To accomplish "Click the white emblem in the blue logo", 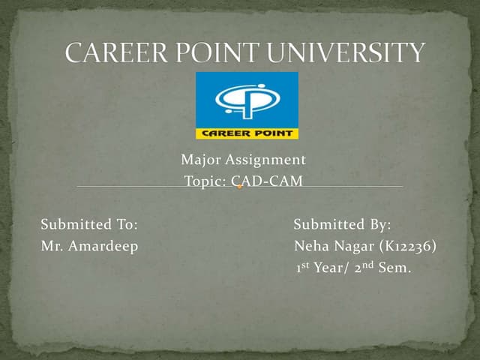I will (246, 100).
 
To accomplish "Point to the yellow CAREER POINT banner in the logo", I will (247, 134).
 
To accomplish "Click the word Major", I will (197, 160).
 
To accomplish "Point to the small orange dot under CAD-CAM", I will (238, 187).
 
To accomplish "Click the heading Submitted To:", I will (89, 224).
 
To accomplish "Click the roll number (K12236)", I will (409, 246).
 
